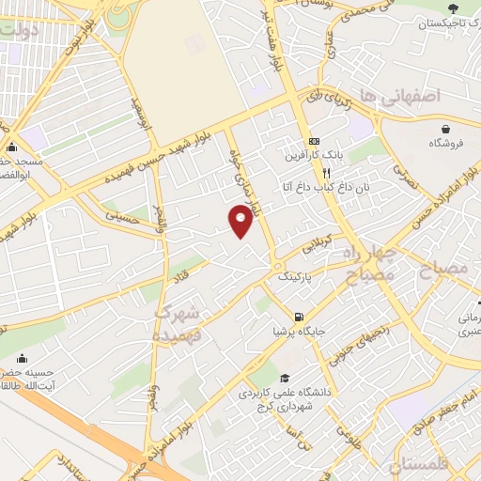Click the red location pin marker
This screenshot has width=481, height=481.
pos(241,220)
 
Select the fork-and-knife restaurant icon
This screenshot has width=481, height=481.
pos(325,173)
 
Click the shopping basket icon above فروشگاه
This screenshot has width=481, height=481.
pos(445,129)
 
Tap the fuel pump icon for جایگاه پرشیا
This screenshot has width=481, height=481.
pos(299,317)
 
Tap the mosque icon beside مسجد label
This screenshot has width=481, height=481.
pos(11,147)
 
